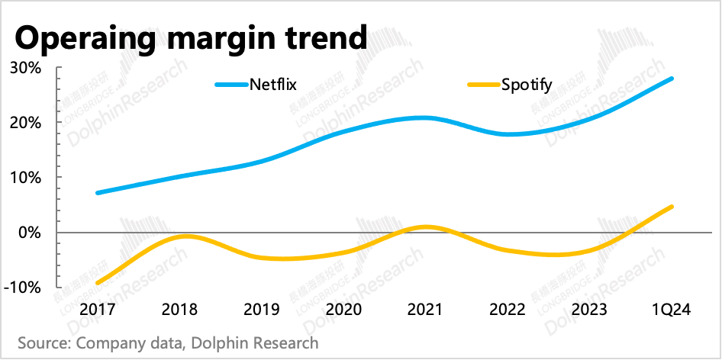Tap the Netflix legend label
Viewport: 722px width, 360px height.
pos(272,84)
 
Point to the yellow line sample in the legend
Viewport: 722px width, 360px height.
pos(482,84)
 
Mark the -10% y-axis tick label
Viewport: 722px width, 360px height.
pos(22,288)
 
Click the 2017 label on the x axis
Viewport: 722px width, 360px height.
pos(97,310)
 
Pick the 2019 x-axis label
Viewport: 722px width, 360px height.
pos(262,310)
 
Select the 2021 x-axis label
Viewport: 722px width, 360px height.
pos(426,310)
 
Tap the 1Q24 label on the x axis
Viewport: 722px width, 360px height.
pos(672,310)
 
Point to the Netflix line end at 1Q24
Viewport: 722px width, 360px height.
pos(672,79)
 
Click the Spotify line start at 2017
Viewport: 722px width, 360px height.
pos(97,283)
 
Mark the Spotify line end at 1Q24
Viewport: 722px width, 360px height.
pos(672,207)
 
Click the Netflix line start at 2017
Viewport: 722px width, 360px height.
pos(97,193)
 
